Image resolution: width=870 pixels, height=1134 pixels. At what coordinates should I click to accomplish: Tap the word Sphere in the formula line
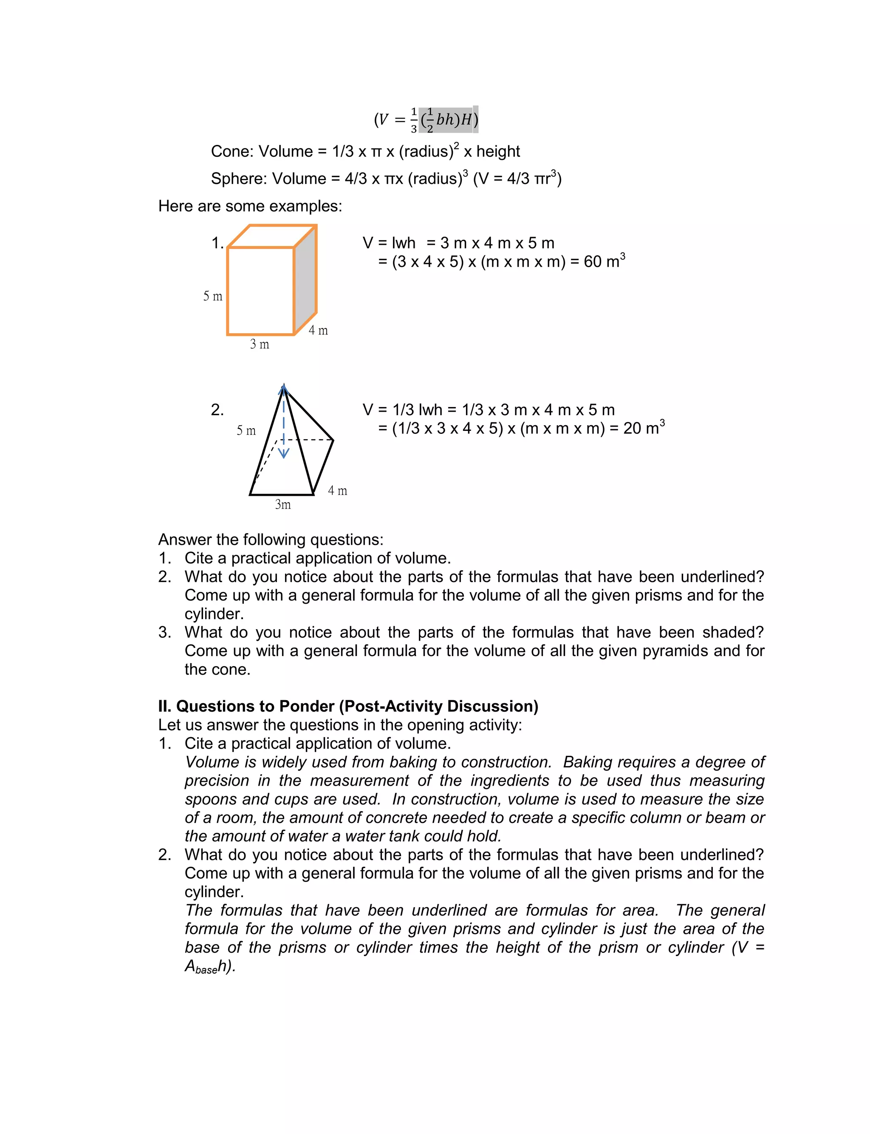point(238,178)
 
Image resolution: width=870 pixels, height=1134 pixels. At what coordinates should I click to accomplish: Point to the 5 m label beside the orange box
point(212,296)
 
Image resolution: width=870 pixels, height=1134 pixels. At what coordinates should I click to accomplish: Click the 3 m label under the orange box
point(260,344)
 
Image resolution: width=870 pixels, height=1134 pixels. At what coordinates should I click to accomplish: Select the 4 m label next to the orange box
point(318,331)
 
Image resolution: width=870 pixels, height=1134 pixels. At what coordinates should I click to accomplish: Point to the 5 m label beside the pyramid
point(246,430)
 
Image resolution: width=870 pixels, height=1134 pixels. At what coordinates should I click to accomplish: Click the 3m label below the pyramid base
point(283,504)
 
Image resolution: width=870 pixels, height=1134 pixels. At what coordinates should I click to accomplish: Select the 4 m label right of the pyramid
point(338,490)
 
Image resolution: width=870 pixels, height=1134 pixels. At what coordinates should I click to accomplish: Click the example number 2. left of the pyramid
point(217,410)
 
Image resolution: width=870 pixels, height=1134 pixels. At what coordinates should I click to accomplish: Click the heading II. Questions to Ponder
point(348,706)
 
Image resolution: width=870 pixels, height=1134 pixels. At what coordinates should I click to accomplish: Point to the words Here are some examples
point(250,206)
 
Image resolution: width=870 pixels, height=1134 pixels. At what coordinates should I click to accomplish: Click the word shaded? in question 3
point(733,632)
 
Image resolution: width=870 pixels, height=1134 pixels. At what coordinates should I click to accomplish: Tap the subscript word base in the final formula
point(206,970)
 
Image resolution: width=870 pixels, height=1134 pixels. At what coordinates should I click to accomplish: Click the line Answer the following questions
point(271,540)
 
